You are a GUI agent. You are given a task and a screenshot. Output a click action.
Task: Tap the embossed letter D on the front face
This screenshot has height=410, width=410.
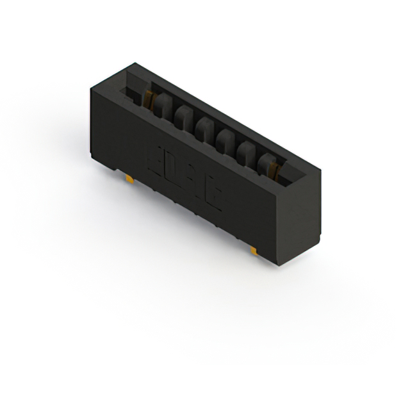[172, 170]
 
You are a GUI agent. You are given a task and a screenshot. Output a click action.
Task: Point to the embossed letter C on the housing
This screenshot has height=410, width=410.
[212, 197]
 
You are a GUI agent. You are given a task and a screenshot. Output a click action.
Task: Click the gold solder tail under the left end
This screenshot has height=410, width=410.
[131, 180]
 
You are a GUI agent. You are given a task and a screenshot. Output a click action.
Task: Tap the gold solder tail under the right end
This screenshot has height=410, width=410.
[254, 249]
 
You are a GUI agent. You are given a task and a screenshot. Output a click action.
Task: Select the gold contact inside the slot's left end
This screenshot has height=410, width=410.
[149, 97]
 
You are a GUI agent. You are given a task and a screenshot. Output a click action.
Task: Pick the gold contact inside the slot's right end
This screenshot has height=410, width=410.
[274, 168]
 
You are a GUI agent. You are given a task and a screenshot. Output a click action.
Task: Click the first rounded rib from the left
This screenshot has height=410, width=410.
[161, 106]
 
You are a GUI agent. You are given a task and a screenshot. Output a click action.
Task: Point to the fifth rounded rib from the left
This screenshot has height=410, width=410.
[245, 151]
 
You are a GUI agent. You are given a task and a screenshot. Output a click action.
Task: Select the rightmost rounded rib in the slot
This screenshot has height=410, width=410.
[265, 163]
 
